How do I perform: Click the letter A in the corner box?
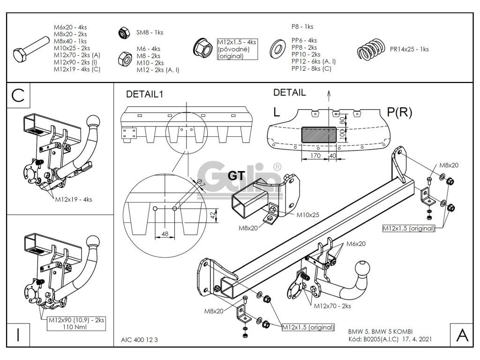pyautogui.click(x=461, y=335)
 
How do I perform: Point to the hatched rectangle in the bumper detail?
pyautogui.click(x=318, y=135)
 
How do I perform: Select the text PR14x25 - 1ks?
pyautogui.click(x=409, y=49)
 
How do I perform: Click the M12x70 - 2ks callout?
pyautogui.click(x=332, y=306)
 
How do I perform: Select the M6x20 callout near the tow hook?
pyautogui.click(x=356, y=244)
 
